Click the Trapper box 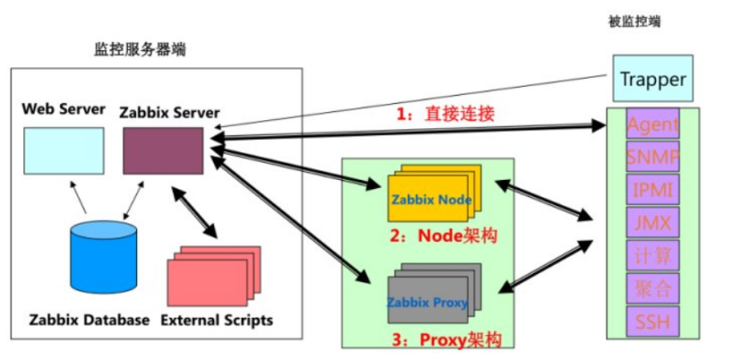652,79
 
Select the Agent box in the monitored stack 652,124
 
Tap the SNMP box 652,158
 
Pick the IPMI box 652,190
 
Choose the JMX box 652,222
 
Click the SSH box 652,321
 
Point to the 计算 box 652,255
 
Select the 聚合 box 652,288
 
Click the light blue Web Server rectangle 63,150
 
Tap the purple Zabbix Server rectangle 162,150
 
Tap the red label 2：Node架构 444,237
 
